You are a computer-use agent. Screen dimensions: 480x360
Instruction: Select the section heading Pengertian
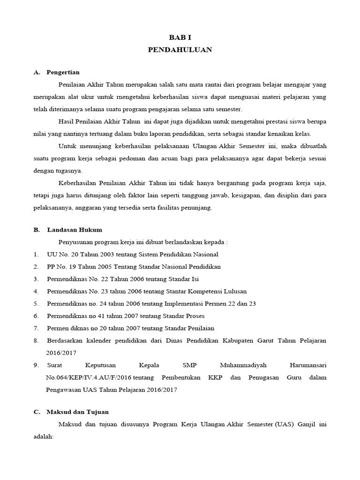click(63, 72)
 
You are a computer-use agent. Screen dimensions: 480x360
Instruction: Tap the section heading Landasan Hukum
click(74, 230)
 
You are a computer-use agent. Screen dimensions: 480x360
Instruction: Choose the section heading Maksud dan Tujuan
click(77, 412)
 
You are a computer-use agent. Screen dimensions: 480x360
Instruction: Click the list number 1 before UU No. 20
click(36, 254)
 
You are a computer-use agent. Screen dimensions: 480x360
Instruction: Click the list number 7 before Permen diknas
click(36, 328)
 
